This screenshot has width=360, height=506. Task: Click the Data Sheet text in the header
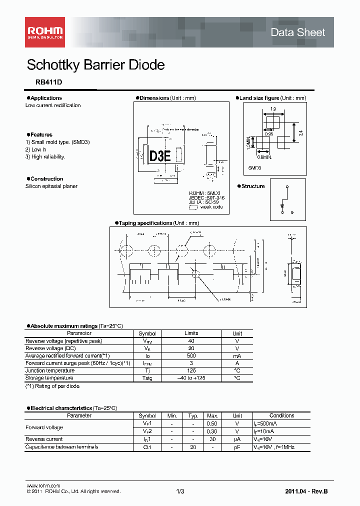(x=297, y=32)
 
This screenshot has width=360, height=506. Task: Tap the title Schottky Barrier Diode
(x=95, y=65)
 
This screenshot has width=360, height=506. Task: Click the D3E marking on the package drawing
(x=160, y=156)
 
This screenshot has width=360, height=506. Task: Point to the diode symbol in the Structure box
(x=283, y=205)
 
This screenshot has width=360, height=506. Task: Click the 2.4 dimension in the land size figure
(x=300, y=133)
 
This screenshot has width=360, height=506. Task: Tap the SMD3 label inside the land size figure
(x=255, y=168)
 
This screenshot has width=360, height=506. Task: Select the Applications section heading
(x=46, y=98)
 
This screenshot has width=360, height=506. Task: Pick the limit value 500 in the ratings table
(x=191, y=355)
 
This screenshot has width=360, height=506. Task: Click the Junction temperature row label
(x=50, y=370)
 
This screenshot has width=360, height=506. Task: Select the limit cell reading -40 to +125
(x=191, y=378)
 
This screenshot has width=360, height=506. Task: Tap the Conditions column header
(x=281, y=415)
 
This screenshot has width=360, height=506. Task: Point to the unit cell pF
(x=237, y=447)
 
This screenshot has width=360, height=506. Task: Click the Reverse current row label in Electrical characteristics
(x=44, y=439)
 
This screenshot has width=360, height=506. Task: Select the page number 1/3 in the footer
(x=180, y=492)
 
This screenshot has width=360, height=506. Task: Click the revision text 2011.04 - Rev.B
(x=306, y=492)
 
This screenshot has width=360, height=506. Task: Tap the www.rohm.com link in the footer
(x=43, y=485)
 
